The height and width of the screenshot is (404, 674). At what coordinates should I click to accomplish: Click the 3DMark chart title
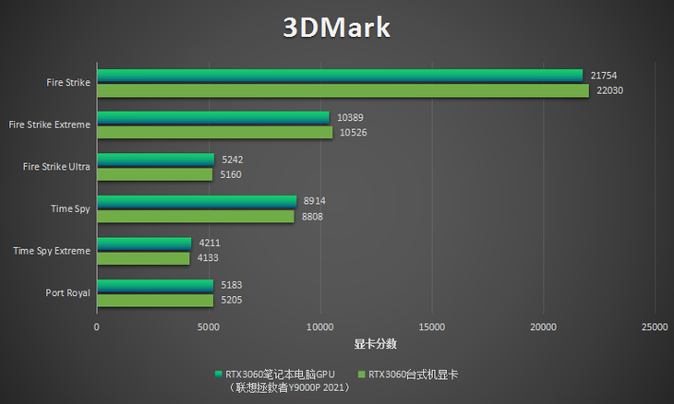(x=337, y=27)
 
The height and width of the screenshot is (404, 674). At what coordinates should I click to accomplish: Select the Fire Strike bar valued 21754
(x=340, y=75)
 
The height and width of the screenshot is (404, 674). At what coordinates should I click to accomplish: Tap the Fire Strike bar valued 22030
(x=343, y=90)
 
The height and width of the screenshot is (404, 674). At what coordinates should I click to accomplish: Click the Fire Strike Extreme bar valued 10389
(x=212, y=117)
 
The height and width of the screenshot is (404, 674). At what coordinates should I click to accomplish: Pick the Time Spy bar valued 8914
(x=197, y=201)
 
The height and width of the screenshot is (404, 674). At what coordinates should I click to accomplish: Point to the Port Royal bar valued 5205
(x=155, y=301)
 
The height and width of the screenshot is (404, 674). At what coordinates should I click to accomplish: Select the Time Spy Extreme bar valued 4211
(x=144, y=244)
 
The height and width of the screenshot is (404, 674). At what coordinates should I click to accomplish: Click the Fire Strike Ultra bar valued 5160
(x=154, y=174)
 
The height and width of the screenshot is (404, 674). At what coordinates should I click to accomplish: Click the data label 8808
(x=314, y=217)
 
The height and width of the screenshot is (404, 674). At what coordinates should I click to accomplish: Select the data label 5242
(x=233, y=159)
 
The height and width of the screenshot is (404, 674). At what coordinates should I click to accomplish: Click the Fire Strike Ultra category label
(x=56, y=166)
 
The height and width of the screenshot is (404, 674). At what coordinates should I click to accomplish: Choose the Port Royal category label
(x=67, y=293)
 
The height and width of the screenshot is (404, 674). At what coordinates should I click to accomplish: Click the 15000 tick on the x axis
(x=431, y=327)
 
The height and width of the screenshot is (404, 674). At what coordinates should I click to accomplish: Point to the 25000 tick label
(x=655, y=327)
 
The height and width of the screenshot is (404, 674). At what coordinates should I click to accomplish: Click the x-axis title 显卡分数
(x=375, y=344)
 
